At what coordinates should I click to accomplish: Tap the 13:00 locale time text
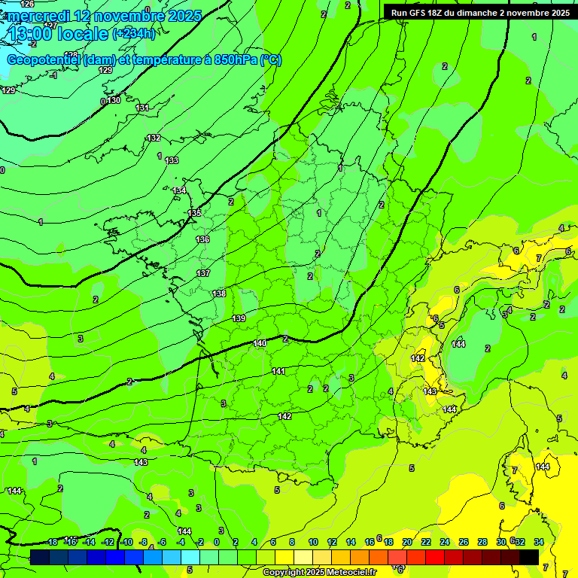(58, 34)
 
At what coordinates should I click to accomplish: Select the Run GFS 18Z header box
(478, 12)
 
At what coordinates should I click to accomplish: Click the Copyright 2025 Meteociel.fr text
(320, 572)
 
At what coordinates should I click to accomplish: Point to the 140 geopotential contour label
(260, 343)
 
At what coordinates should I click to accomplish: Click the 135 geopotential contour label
(195, 213)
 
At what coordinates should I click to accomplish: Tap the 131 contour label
(142, 108)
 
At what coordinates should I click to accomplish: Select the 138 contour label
(219, 294)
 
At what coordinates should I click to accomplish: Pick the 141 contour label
(278, 371)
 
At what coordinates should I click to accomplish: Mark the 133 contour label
(172, 160)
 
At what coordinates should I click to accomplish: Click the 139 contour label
(239, 319)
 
